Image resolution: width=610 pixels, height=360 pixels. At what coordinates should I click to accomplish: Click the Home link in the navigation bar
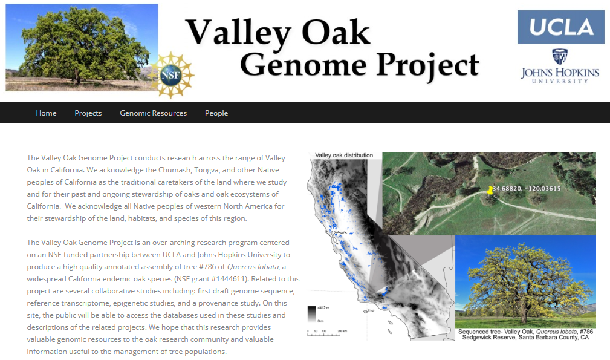click(47, 113)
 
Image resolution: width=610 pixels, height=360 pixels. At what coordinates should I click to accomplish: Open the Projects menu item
click(88, 113)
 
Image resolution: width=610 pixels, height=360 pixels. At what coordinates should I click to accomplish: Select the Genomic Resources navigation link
click(154, 113)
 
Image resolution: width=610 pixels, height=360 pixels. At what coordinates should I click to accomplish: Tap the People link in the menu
click(216, 113)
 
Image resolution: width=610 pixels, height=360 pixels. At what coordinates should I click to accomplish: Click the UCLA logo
click(560, 27)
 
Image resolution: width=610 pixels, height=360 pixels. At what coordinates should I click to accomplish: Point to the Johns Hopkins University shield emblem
click(560, 56)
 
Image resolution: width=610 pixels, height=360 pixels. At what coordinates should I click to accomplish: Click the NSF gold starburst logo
click(170, 75)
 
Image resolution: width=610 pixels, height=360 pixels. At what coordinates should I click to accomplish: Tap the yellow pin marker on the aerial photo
click(490, 191)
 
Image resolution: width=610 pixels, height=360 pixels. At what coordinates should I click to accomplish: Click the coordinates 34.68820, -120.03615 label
click(527, 188)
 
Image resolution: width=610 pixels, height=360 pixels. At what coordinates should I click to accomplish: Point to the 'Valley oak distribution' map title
click(344, 155)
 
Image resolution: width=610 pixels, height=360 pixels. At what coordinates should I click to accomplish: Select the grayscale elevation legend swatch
click(311, 314)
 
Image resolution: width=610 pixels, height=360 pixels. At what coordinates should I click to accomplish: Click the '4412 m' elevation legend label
click(323, 307)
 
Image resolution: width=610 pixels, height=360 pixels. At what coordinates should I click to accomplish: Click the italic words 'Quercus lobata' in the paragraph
click(253, 267)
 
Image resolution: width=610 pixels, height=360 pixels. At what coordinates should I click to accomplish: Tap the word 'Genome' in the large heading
click(303, 64)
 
